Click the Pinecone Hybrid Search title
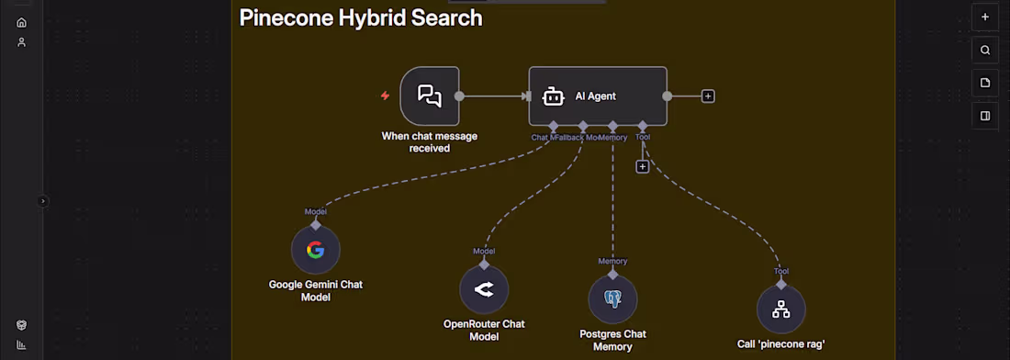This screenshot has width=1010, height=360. coord(360,17)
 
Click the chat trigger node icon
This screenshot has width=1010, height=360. coord(430,96)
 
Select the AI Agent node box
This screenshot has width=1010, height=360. coord(598,96)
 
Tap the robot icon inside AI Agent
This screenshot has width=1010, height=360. coord(552,96)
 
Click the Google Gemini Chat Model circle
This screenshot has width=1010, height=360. coord(315,250)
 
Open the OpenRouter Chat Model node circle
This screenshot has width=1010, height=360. coord(484,289)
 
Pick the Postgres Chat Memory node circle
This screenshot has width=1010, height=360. coord(612,299)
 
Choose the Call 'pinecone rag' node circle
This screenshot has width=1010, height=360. coord(780,309)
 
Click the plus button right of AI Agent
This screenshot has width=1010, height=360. coord(708,96)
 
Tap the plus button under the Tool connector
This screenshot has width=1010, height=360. coord(643,166)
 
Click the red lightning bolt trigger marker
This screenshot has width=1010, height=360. coord(386,96)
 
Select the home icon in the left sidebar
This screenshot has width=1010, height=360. coord(21,22)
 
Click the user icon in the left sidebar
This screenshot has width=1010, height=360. coord(21,42)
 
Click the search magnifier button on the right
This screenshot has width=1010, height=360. coord(985,51)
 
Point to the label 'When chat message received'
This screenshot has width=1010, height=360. coord(429,142)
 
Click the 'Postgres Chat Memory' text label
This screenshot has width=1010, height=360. coord(612,340)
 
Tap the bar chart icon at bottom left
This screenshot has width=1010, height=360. coord(21,345)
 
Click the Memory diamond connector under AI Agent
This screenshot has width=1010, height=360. coord(612,126)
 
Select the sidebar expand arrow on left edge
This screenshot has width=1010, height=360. coord(42,201)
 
